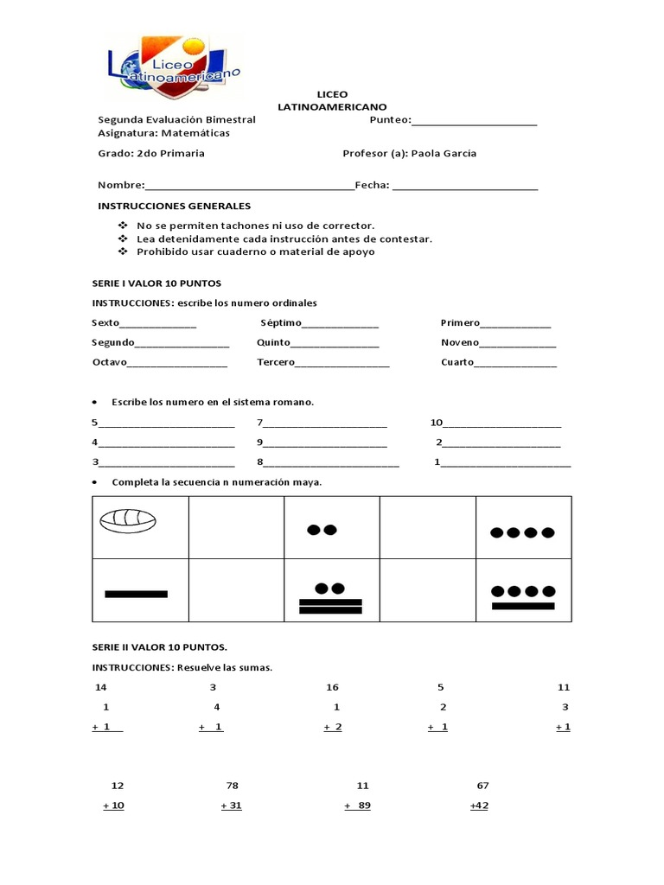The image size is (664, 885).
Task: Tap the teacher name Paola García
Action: pos(444,154)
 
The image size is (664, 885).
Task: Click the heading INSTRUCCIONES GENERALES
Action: pos(174,206)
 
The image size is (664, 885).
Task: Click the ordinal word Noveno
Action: pos(459,342)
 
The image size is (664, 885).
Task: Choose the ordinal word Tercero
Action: pos(276,362)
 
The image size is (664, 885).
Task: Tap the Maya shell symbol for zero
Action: pos(127,520)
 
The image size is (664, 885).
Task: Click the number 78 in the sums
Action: pos(232,786)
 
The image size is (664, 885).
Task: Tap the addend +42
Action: pos(479,805)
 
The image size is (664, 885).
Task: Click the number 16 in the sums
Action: pos(333,687)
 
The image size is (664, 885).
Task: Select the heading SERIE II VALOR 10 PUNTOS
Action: pos(160,646)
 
